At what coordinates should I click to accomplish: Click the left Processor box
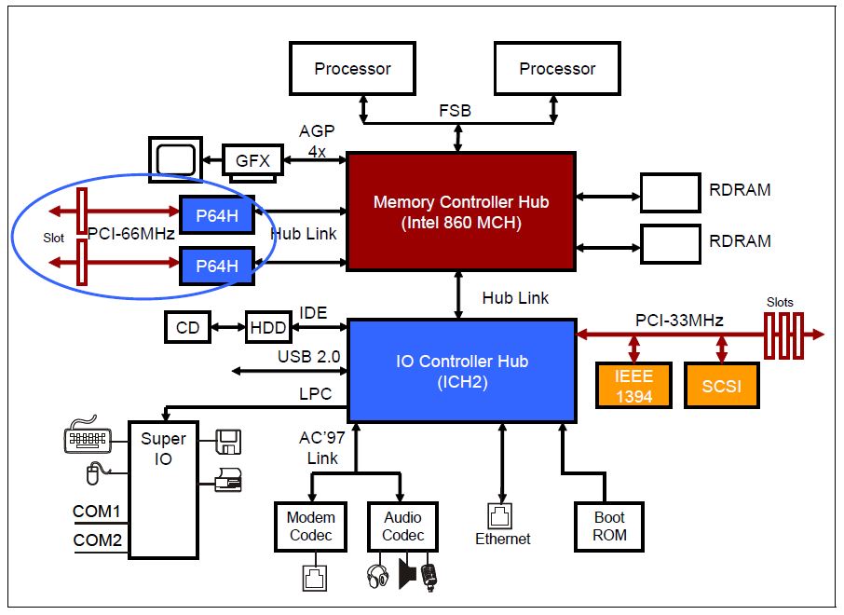(x=352, y=68)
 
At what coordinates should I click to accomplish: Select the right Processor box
(x=557, y=68)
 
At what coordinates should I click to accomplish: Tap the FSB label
(x=456, y=111)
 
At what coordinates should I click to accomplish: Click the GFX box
(x=252, y=160)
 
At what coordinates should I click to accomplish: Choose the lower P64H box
(x=217, y=266)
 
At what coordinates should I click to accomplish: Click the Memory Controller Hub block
(x=460, y=212)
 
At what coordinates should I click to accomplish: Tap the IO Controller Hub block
(x=461, y=369)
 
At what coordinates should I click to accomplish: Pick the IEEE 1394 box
(x=633, y=386)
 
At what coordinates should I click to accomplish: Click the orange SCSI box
(x=721, y=386)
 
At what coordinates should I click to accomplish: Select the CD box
(x=187, y=327)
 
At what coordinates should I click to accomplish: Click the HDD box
(x=268, y=327)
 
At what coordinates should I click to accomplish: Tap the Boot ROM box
(x=610, y=526)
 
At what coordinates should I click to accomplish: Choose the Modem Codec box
(x=310, y=526)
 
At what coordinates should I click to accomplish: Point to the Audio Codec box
(x=402, y=526)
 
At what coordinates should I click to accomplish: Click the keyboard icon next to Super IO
(x=87, y=439)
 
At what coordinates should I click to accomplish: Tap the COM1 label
(x=97, y=512)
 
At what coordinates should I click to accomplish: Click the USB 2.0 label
(x=308, y=357)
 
